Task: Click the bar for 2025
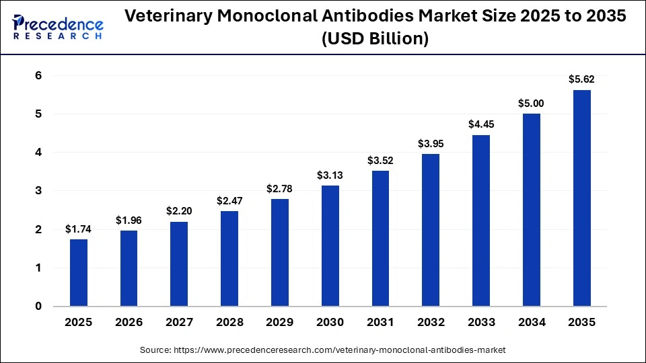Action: point(79,273)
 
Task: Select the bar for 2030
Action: point(330,246)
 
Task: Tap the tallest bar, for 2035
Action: point(581,198)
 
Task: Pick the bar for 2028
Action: point(229,259)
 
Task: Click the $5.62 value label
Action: point(581,79)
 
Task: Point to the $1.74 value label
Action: point(79,229)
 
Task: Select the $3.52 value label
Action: point(380,160)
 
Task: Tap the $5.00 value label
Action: point(531,103)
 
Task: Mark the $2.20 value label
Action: point(180,211)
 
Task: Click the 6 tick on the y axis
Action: point(38,76)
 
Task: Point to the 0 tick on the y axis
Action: point(38,307)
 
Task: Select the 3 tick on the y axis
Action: point(38,191)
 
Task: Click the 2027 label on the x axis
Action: point(180,323)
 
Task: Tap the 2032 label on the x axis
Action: point(431,323)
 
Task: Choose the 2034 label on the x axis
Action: point(531,323)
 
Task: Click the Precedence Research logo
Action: point(58,27)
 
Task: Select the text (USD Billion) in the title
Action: point(375,40)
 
